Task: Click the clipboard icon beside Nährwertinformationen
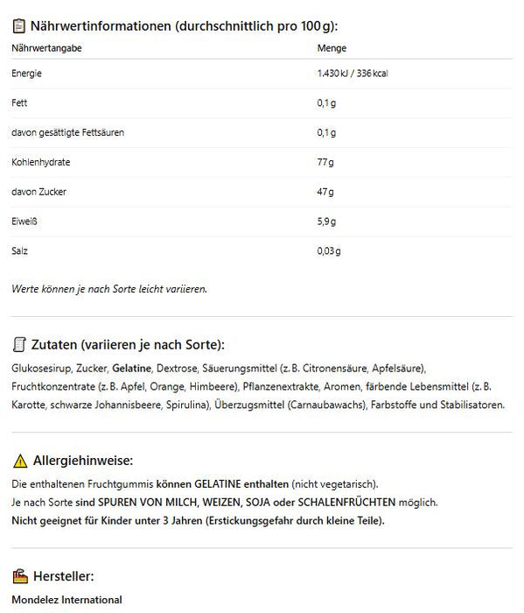click(18, 25)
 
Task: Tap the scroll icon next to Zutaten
click(18, 343)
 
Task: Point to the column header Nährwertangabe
click(47, 49)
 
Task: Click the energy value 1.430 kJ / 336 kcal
click(352, 74)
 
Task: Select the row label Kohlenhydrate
click(41, 163)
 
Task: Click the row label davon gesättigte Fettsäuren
click(67, 133)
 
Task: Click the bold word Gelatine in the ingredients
click(131, 369)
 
